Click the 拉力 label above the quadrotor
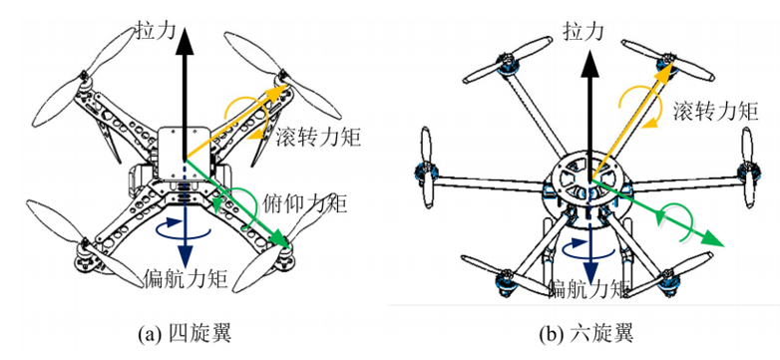tap(156, 32)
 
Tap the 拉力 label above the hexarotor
tap(584, 32)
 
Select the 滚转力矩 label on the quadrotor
tap(316, 137)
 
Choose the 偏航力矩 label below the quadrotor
tap(186, 280)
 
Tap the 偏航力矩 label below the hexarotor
tap(589, 287)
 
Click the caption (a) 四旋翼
tap(185, 333)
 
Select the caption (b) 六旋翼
tap(585, 333)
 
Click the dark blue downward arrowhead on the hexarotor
tap(590, 270)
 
